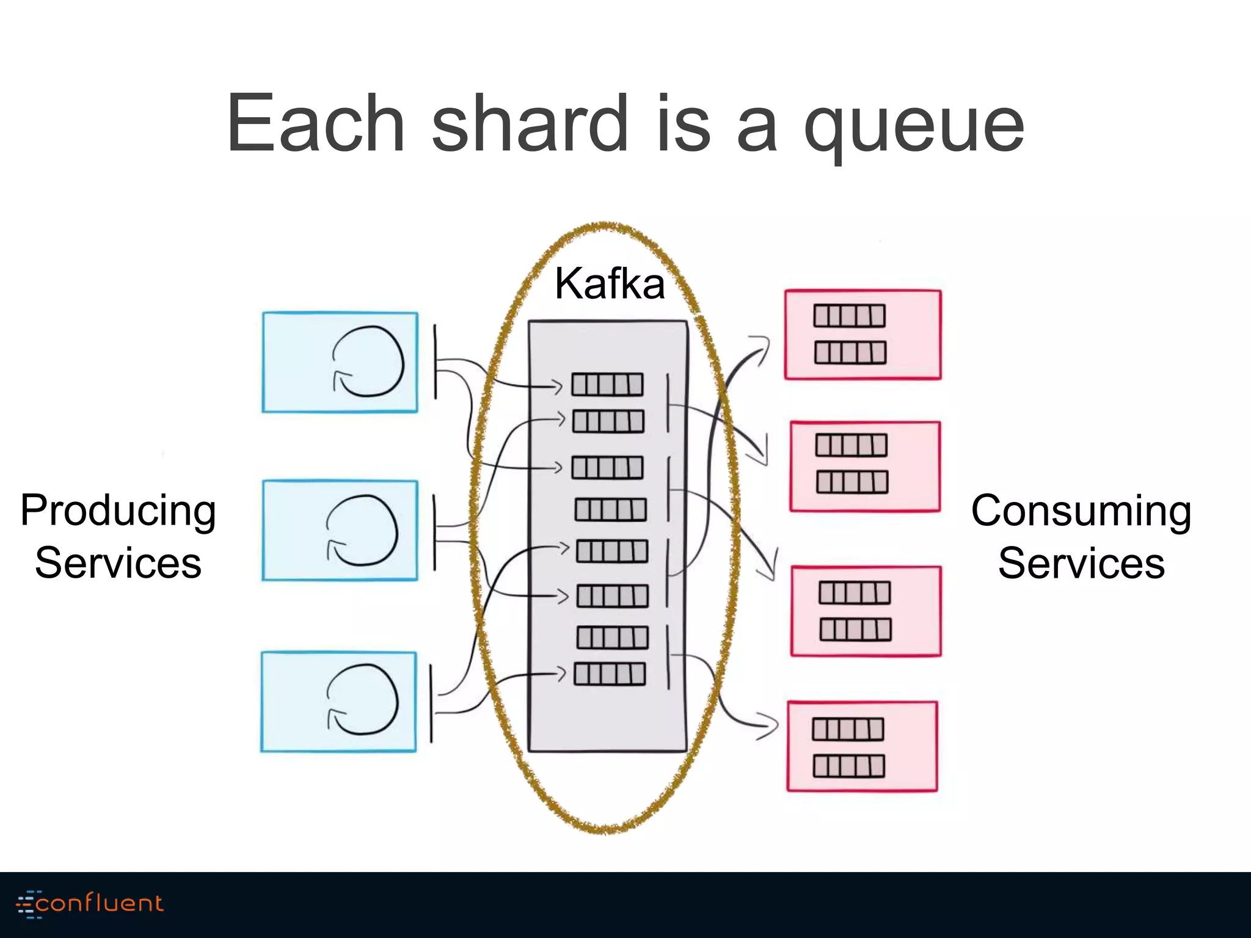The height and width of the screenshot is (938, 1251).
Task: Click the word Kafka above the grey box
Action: (x=610, y=284)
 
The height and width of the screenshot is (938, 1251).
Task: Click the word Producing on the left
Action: (x=118, y=511)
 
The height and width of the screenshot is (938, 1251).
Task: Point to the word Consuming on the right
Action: (x=1081, y=511)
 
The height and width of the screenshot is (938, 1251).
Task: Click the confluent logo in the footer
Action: (x=90, y=903)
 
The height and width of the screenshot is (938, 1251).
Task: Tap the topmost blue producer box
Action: (x=340, y=362)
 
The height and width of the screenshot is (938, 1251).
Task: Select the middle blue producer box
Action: (x=340, y=530)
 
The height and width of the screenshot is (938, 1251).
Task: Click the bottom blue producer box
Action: (x=338, y=702)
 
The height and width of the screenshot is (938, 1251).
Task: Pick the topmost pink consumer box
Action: (x=863, y=335)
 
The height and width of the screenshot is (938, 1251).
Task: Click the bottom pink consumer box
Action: (x=862, y=746)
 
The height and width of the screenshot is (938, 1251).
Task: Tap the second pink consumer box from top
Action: (x=864, y=466)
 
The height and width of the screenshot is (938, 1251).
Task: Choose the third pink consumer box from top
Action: (x=866, y=611)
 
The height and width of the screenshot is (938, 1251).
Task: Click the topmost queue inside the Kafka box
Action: (x=607, y=385)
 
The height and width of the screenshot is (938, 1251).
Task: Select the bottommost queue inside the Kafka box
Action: (x=610, y=674)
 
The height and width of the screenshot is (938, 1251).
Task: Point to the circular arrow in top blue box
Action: (x=368, y=362)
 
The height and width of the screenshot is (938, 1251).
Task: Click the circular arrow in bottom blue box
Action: (x=362, y=699)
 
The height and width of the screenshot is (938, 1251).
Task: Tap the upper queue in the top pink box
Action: (x=849, y=316)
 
